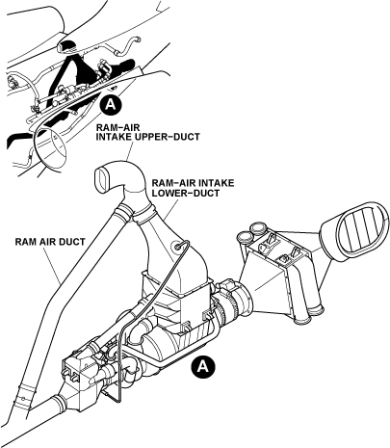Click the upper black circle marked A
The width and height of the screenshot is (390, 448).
pos(110,104)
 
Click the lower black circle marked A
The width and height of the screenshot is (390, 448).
pos(202,365)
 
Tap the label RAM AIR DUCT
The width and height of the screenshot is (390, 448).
pos(50,242)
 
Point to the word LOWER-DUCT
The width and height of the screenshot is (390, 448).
pos(186,193)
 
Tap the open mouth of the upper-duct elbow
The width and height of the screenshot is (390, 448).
pos(102,180)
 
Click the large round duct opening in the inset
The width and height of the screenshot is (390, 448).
pos(50,147)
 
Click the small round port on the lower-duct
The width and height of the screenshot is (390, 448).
pos(176,247)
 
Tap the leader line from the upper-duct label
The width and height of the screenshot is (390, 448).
pos(129,151)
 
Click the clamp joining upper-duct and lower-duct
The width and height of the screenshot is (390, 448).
pos(143,214)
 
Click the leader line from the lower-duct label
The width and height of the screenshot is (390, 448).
pos(171,209)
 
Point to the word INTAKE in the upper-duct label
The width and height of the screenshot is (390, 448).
pos(111,137)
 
